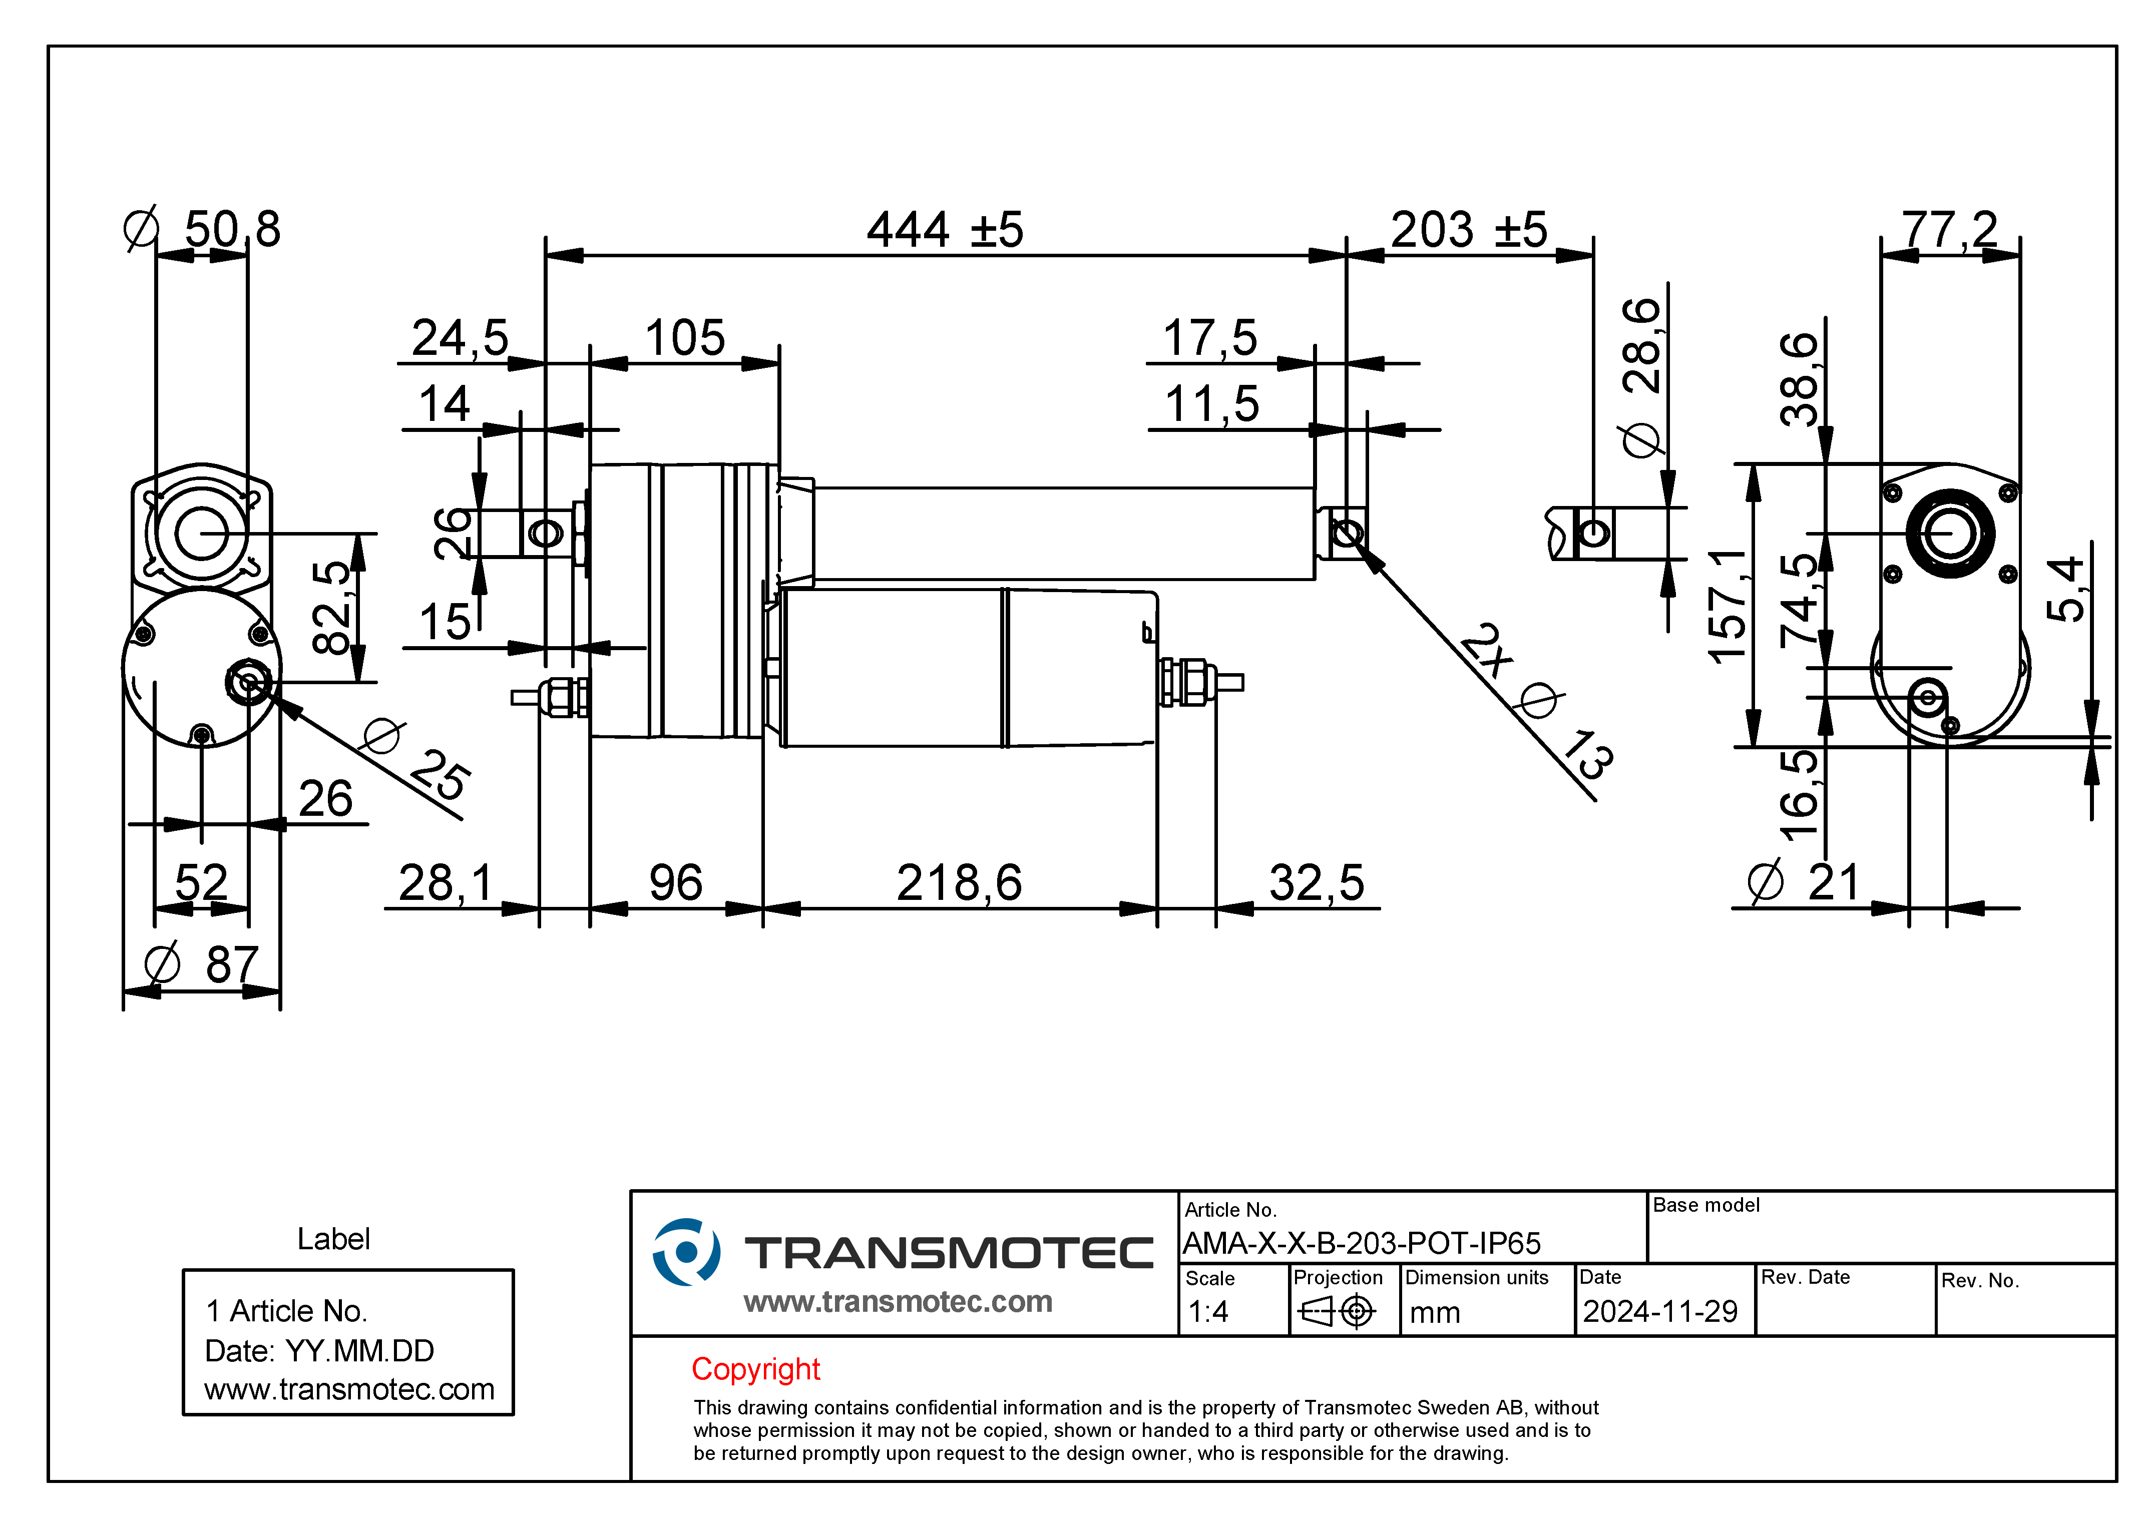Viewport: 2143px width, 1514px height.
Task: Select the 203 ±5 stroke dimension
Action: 1469,230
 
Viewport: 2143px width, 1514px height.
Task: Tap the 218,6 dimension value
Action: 960,883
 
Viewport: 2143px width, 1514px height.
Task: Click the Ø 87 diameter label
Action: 202,964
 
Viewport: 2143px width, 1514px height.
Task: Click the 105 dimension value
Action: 685,338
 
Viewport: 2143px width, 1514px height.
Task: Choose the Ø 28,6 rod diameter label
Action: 1642,378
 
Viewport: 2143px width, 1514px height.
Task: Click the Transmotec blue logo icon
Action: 686,1252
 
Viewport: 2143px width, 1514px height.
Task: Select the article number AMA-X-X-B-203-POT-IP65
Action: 1362,1243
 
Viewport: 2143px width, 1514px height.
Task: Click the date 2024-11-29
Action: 1660,1311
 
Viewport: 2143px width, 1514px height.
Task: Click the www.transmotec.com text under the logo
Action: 898,1301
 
